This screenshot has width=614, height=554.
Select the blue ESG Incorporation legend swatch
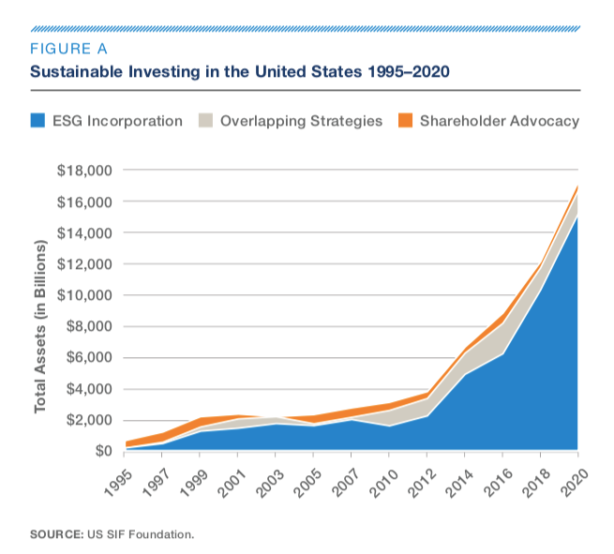pyautogui.click(x=39, y=121)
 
